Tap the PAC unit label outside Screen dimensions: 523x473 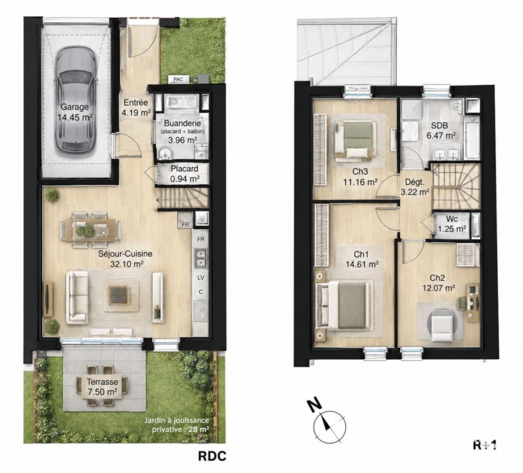[x=179, y=79]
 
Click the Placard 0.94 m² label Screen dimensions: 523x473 [x=184, y=174]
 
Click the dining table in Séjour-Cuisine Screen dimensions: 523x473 [x=91, y=230]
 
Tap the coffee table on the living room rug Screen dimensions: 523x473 [x=119, y=295]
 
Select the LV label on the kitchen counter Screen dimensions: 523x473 [x=201, y=278]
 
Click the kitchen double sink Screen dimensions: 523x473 [x=200, y=259]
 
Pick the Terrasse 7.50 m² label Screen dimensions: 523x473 [x=102, y=387]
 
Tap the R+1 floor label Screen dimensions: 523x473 [x=485, y=445]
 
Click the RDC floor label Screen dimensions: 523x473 [x=212, y=456]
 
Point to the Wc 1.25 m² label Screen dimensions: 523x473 [x=452, y=224]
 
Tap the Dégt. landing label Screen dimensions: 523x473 [x=415, y=187]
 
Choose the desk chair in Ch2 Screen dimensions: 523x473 [x=462, y=303]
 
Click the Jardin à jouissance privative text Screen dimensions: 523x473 [x=176, y=424]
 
